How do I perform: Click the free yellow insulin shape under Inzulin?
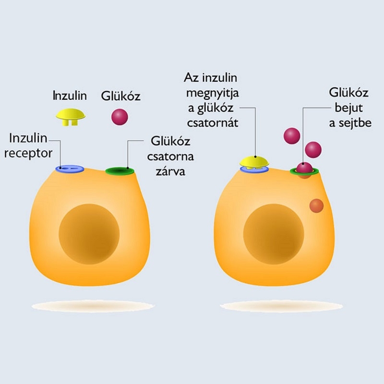[x=71, y=117]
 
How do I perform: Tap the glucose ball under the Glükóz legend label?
[x=120, y=117]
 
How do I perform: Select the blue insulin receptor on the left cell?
[x=70, y=169]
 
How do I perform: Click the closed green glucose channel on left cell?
[x=120, y=171]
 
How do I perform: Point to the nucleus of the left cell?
[x=89, y=234]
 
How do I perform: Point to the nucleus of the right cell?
[x=274, y=234]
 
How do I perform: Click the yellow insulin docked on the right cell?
[x=254, y=162]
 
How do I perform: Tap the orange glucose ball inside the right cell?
[x=317, y=206]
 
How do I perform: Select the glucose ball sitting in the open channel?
[x=304, y=168]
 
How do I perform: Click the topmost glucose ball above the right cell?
[x=292, y=136]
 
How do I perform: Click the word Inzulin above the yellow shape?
[x=70, y=96]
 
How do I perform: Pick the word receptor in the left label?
[x=28, y=154]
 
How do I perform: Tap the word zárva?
[x=170, y=171]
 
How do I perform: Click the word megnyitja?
[x=213, y=93]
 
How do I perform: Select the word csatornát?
[x=213, y=123]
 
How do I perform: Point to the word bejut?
[x=349, y=108]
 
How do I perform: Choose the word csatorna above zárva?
[x=170, y=156]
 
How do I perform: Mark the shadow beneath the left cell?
[x=93, y=306]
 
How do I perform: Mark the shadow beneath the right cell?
[x=281, y=306]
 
